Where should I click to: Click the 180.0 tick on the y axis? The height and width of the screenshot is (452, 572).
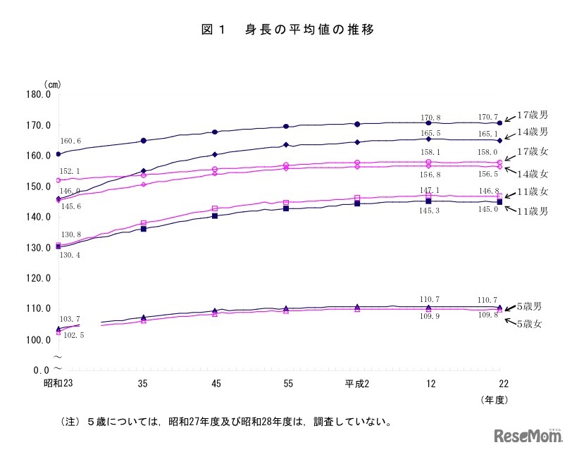tap(39, 94)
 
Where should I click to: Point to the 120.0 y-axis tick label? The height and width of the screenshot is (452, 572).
tap(39, 278)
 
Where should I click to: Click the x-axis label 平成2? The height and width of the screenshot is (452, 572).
tap(357, 384)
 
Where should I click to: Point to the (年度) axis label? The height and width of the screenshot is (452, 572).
tap(497, 399)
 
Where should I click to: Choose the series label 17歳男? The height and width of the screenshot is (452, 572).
tap(533, 114)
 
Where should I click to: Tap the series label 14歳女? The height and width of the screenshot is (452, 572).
tap(533, 173)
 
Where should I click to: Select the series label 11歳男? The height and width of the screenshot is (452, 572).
tap(533, 211)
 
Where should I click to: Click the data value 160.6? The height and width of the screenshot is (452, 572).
tap(70, 142)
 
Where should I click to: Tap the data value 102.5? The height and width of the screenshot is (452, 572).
tap(74, 336)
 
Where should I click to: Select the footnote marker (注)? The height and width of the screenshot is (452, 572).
tap(72, 423)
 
